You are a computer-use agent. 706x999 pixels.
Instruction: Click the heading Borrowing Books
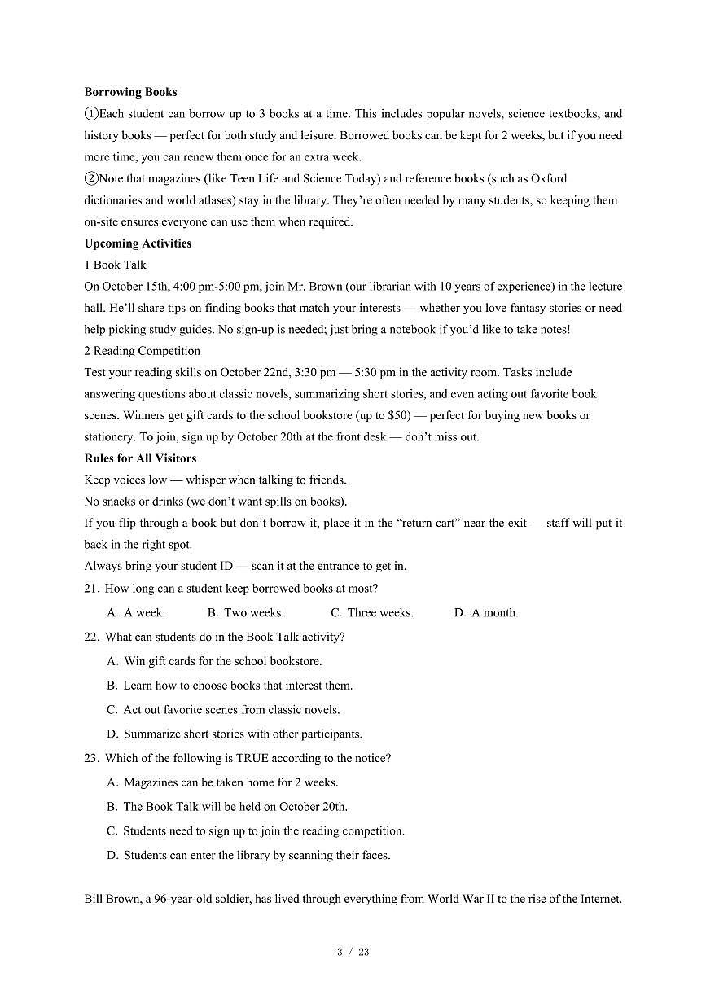tap(130, 92)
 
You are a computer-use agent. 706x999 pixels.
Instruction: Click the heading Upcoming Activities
tap(138, 243)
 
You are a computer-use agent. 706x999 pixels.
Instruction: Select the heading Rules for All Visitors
tap(140, 458)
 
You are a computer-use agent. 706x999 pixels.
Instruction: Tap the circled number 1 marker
tap(91, 114)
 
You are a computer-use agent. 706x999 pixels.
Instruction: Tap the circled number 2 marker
tap(91, 178)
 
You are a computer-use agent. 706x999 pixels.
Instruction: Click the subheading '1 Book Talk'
tap(115, 265)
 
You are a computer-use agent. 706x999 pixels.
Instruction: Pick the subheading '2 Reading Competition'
tap(142, 351)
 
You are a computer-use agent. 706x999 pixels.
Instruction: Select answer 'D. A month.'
tap(486, 612)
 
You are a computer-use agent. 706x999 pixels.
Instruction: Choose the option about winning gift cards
tap(214, 661)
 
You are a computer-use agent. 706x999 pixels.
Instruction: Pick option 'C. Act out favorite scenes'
tap(223, 709)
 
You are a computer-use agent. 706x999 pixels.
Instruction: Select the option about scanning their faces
tap(248, 855)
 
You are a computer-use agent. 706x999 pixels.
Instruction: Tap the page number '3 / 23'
tap(353, 952)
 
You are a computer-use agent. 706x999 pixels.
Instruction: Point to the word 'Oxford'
tap(549, 178)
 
